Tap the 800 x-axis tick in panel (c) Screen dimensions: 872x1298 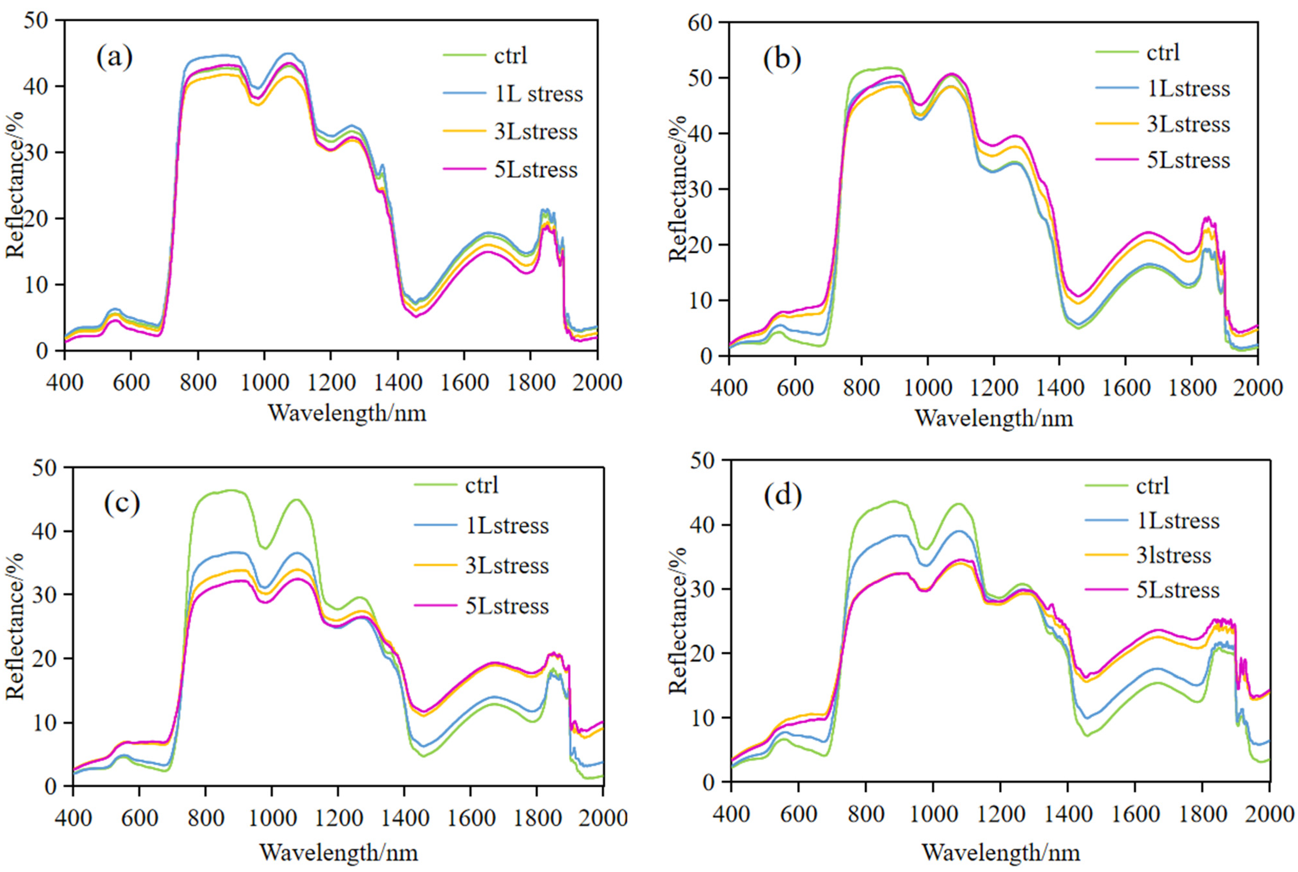tap(205, 818)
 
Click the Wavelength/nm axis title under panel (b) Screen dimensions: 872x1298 tap(994, 418)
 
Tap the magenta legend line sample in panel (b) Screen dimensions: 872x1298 tap(1116, 160)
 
